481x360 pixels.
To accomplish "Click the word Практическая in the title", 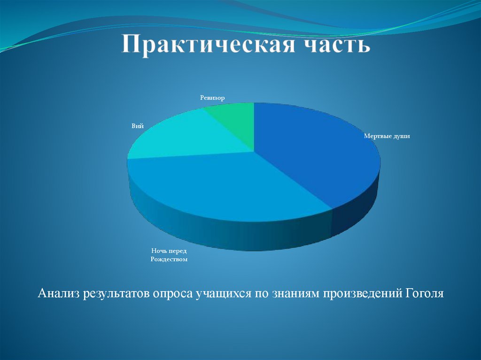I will coord(206,46).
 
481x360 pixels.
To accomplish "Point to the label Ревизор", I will coord(212,98).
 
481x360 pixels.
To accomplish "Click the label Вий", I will coord(137,126).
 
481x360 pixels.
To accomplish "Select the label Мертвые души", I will coord(387,136).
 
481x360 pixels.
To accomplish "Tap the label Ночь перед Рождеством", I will coord(169,255).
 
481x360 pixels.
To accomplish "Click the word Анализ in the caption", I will coord(58,294).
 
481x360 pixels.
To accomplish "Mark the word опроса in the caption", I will coord(173,294).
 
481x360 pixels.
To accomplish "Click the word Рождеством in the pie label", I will coord(169,259).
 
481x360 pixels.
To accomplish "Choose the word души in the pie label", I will coord(401,136).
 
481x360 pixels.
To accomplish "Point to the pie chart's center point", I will coord(254,152).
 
